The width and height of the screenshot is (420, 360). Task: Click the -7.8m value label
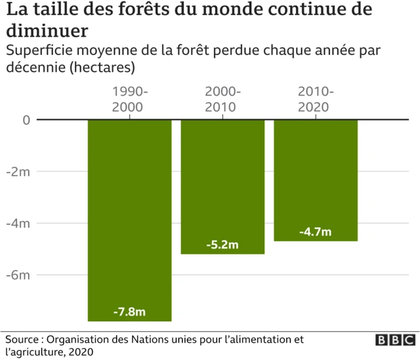click(130, 311)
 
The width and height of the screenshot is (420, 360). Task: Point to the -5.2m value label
click(222, 245)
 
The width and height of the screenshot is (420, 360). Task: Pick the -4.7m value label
click(316, 232)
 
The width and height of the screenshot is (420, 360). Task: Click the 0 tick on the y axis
click(26, 120)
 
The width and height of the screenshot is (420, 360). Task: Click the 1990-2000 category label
click(130, 99)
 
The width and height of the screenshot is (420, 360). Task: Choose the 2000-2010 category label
click(222, 99)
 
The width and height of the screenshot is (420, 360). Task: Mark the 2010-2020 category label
click(316, 99)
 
